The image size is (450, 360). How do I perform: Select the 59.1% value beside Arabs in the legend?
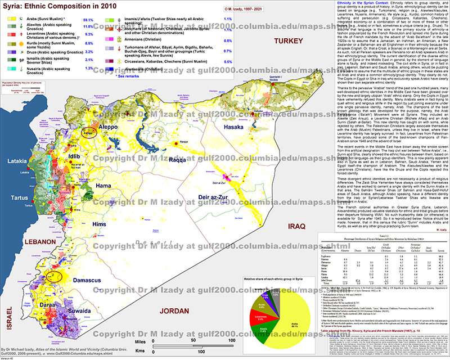pyautogui.click(x=88, y=19)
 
